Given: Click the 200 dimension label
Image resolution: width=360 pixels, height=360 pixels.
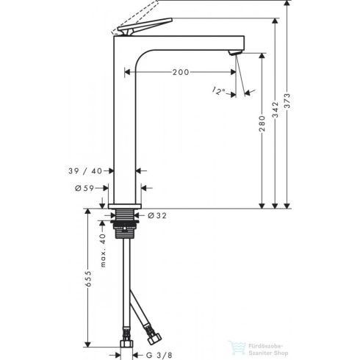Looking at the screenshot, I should (180, 73).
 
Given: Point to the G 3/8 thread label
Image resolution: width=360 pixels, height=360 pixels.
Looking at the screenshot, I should (159, 354).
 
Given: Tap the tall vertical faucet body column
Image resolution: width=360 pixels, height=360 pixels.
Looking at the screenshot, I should (126, 125).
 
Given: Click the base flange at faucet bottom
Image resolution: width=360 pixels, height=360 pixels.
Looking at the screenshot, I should (126, 205).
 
